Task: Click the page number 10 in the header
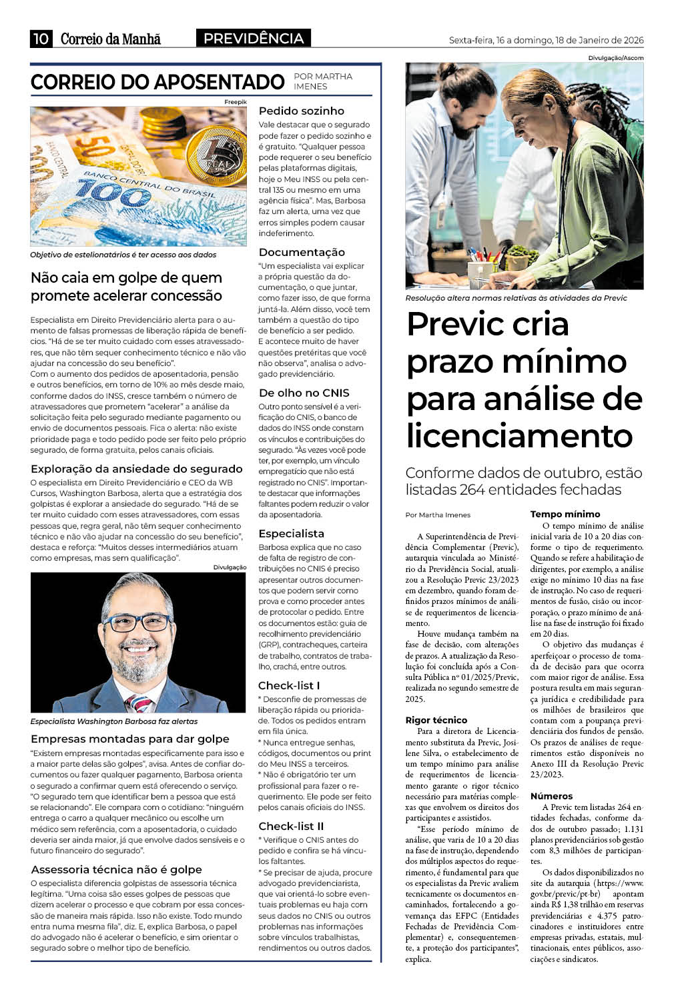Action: click(40, 39)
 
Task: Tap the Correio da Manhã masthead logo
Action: click(111, 39)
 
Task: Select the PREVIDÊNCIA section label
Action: click(253, 39)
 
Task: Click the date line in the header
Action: click(546, 40)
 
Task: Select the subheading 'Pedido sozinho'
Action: click(302, 111)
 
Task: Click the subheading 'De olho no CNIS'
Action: click(304, 393)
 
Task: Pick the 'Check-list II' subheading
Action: click(291, 826)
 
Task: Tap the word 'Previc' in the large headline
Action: click(488, 324)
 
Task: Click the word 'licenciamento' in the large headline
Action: click(519, 436)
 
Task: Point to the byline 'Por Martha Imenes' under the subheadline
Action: click(438, 515)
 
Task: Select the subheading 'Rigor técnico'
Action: click(436, 720)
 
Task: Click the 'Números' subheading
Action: click(551, 796)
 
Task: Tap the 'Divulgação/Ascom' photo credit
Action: click(616, 58)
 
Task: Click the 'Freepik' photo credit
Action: click(236, 101)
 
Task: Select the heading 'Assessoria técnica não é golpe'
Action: click(116, 869)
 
